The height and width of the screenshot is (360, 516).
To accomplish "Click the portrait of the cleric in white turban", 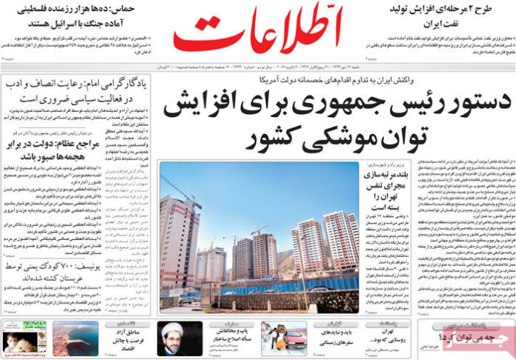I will pos(179,338).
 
